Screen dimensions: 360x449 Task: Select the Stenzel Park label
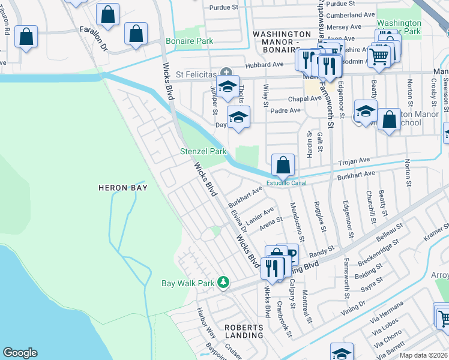pos(203,152)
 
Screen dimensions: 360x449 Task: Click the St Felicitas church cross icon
pos(225,72)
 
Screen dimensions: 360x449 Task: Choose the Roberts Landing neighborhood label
pos(244,331)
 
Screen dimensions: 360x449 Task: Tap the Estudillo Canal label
pos(286,183)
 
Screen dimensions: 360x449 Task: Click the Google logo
pos(20,353)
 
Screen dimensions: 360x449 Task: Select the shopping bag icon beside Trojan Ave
pos(283,164)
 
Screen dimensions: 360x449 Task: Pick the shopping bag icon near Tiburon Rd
pos(26,37)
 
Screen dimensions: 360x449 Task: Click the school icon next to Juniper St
pos(228,86)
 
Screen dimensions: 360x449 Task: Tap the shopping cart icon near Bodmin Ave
pos(378,56)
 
